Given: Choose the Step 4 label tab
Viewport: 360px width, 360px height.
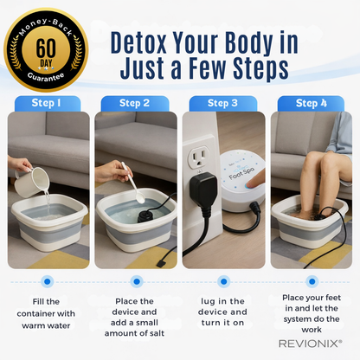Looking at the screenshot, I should click(x=311, y=104).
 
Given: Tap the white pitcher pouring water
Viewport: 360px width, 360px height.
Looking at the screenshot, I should click(x=33, y=180).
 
